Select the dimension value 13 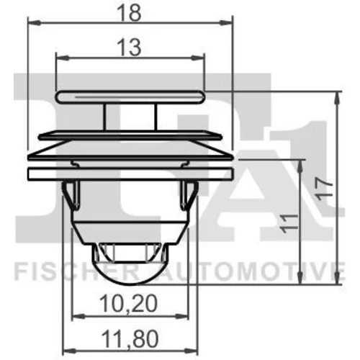(130, 48)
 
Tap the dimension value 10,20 (128, 304)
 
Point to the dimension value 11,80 (130, 338)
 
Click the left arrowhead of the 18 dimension (34, 23)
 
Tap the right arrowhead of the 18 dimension (227, 23)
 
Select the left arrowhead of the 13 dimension (62, 58)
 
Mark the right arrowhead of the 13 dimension (198, 58)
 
